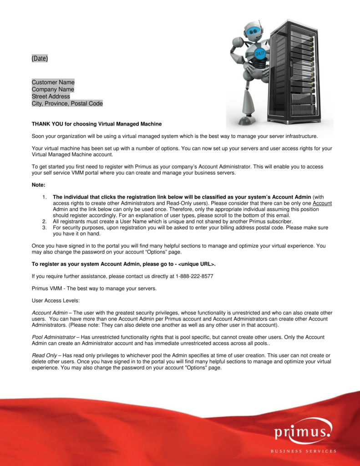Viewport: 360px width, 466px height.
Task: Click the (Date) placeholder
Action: pos(40,59)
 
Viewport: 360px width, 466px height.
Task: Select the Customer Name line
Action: pos(53,82)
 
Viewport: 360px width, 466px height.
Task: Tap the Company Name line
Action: pos(53,90)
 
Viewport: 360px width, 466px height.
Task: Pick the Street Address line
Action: pos(51,96)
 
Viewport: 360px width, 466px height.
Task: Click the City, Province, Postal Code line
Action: pos(67,104)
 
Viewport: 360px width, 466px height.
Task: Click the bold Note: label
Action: pos(39,185)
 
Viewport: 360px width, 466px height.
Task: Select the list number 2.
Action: pos(44,221)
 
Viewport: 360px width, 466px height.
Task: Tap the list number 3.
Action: pos(44,227)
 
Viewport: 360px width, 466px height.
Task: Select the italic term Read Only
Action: pos(44,355)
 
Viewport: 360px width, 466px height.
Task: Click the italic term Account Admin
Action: pos(49,313)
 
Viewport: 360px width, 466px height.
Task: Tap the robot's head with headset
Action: pos(253,31)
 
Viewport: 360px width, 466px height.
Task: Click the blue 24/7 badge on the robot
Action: pos(260,53)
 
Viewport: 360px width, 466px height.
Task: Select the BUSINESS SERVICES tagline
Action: pos(304,451)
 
